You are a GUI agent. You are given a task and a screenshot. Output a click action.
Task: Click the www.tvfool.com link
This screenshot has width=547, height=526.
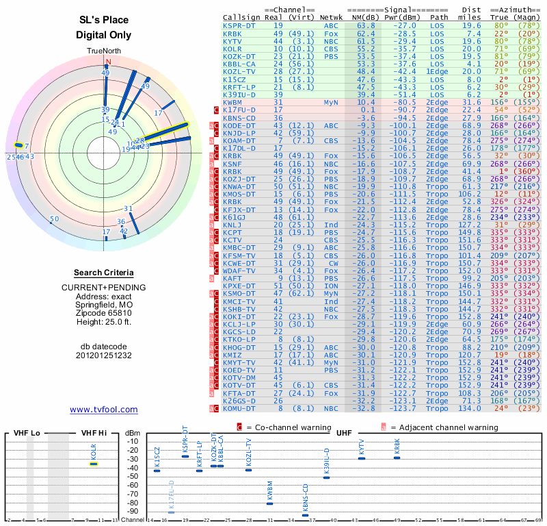pyautogui.click(x=103, y=410)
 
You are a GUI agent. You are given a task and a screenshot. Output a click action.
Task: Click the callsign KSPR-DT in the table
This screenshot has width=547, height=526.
pyautogui.click(x=240, y=25)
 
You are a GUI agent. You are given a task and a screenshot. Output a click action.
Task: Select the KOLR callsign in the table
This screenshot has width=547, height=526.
pyautogui.click(x=232, y=49)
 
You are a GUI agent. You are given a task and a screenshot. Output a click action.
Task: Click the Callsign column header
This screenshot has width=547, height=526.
pyautogui.click(x=242, y=17)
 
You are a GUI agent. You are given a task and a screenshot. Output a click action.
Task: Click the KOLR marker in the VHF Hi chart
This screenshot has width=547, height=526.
pyautogui.click(x=94, y=464)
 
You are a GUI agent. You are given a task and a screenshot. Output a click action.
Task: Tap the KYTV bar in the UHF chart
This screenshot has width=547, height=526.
pyautogui.click(x=362, y=458)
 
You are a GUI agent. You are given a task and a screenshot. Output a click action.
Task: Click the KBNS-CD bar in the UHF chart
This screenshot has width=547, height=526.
pyautogui.click(x=305, y=515)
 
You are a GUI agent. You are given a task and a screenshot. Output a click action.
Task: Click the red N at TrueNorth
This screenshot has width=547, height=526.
pyautogui.click(x=107, y=61)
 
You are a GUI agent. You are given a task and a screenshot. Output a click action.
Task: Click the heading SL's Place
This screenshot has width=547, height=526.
pyautogui.click(x=103, y=20)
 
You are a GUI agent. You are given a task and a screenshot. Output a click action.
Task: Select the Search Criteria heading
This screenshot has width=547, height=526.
pyautogui.click(x=103, y=273)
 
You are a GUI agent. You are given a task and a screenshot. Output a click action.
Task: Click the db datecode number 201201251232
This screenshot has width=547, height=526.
pyautogui.click(x=103, y=355)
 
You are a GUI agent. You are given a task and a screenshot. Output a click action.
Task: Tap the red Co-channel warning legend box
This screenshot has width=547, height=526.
pyautogui.click(x=239, y=427)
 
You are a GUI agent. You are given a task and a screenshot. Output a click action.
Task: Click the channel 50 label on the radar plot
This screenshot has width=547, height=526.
pyautogui.click(x=55, y=219)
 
